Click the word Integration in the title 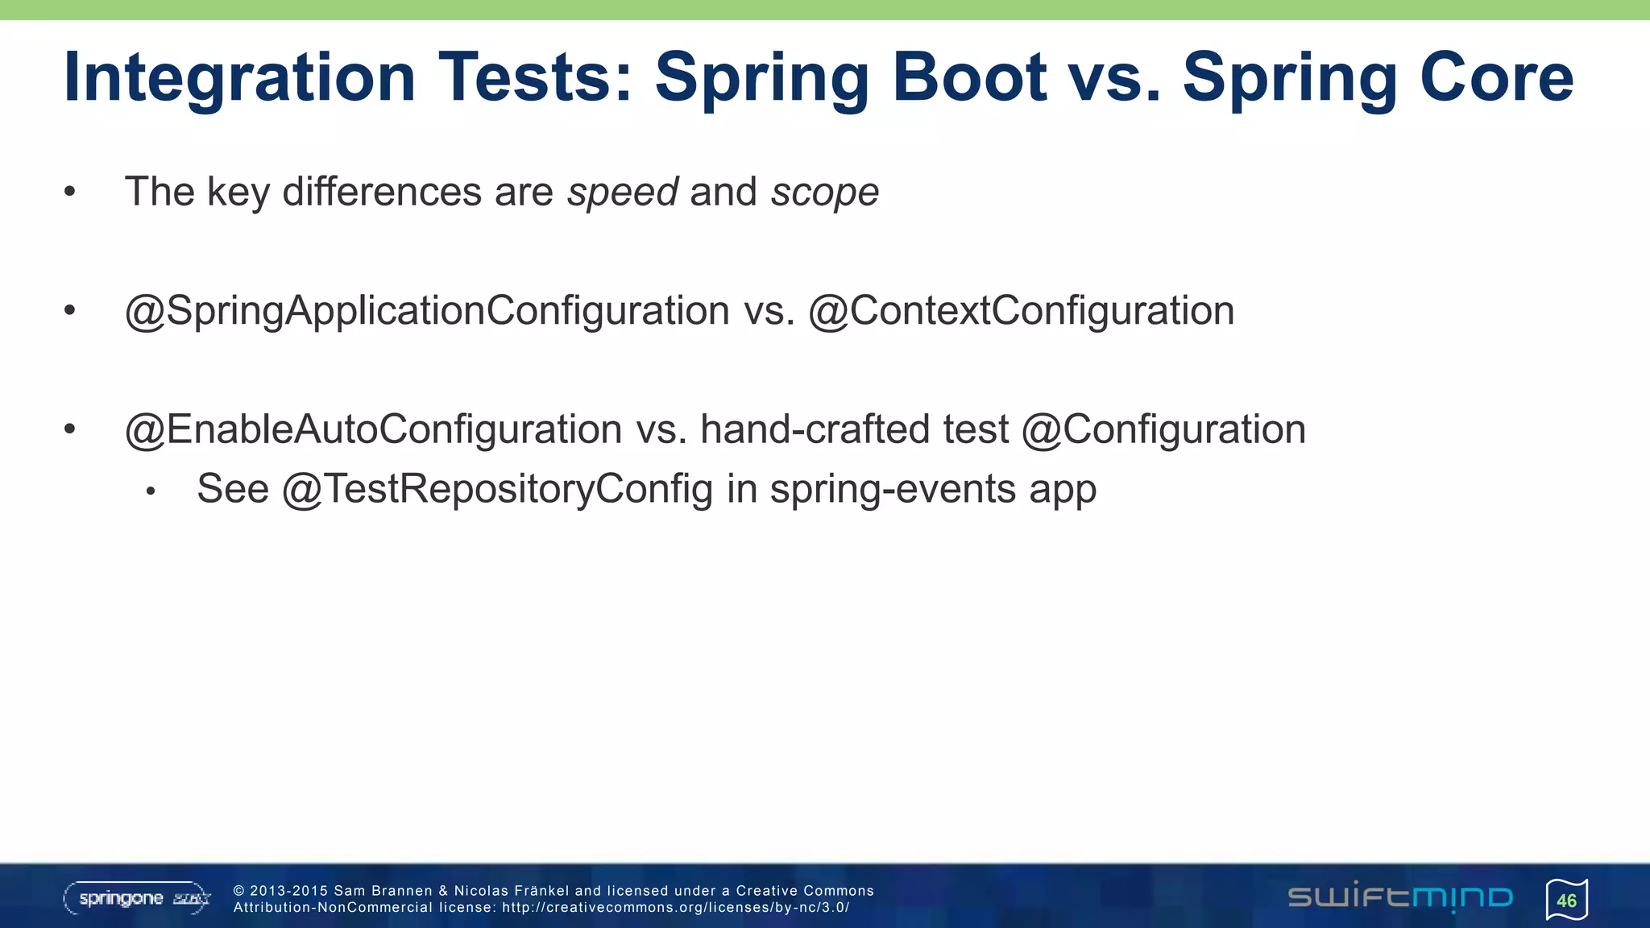pyautogui.click(x=239, y=77)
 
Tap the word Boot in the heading pyautogui.click(x=969, y=77)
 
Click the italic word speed pyautogui.click(x=623, y=193)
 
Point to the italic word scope pyautogui.click(x=824, y=193)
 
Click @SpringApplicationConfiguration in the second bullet pyautogui.click(x=427, y=311)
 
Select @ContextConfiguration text pyautogui.click(x=1021, y=311)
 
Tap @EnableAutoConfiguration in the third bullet pyautogui.click(x=373, y=429)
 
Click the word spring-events pyautogui.click(x=893, y=489)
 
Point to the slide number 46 pyautogui.click(x=1566, y=901)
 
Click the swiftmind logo pyautogui.click(x=1400, y=897)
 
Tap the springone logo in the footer pyautogui.click(x=137, y=898)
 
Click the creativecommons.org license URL pyautogui.click(x=675, y=908)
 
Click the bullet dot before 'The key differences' pyautogui.click(x=70, y=193)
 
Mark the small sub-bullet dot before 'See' pyautogui.click(x=150, y=491)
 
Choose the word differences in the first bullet pyautogui.click(x=382, y=193)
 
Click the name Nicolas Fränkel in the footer pyautogui.click(x=511, y=891)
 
